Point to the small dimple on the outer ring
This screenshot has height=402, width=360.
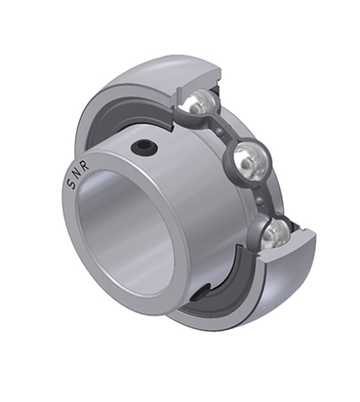click(264, 308)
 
